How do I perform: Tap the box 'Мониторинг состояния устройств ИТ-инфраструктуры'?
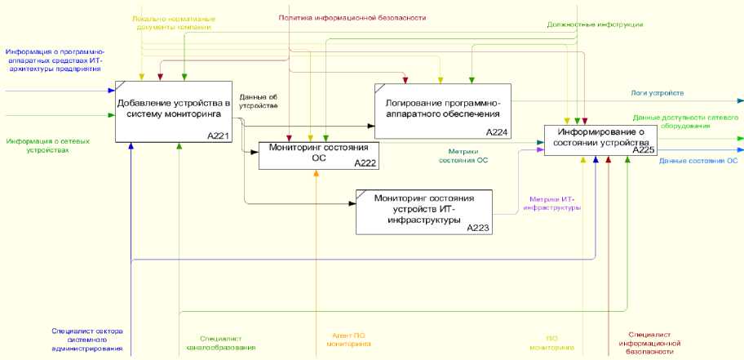(423, 211)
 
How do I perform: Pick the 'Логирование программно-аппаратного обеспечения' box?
(441, 110)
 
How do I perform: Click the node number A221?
(217, 136)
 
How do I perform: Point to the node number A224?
(497, 132)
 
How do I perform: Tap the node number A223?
(477, 228)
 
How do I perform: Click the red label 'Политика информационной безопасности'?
(352, 17)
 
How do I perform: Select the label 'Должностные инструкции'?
(594, 25)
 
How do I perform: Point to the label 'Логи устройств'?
(657, 94)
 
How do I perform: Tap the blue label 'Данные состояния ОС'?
(697, 161)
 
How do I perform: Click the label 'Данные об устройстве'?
(259, 102)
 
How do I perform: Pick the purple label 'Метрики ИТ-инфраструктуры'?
(554, 203)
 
